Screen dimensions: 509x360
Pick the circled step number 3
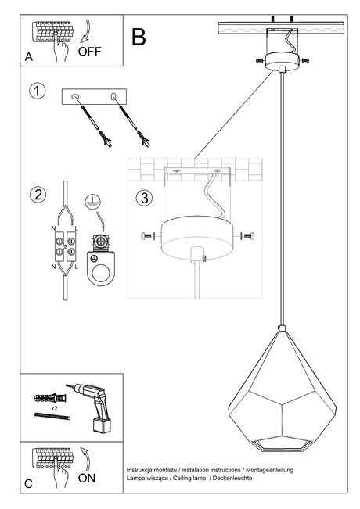click(143, 197)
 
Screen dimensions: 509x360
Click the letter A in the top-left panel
click(29, 57)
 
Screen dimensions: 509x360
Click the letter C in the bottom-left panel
click(29, 484)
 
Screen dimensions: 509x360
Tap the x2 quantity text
click(54, 409)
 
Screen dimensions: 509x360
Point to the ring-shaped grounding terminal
click(99, 267)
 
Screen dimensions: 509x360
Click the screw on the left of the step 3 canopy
click(147, 236)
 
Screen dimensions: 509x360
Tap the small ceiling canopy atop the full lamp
click(281, 61)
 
